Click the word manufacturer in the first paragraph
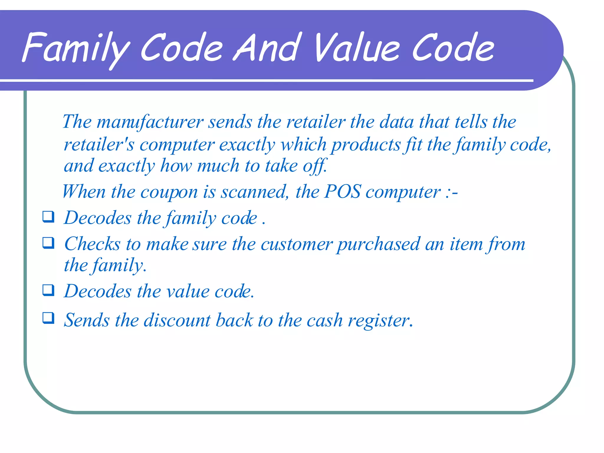pos(150,122)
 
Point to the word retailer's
pos(99,145)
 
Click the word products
pos(366,145)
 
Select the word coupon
pos(169,192)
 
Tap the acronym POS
pos(342,192)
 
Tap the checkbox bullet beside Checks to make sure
pos(48,243)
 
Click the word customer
pos(297,244)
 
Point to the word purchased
pos(379,244)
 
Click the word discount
pos(177,320)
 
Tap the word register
pos(380,320)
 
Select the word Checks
pos(92,244)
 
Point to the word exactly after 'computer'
pos(247,145)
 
